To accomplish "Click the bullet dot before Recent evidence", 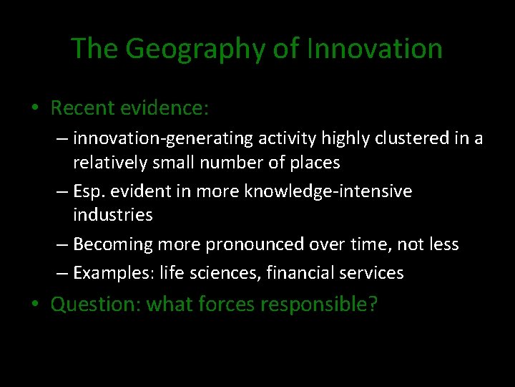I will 35,109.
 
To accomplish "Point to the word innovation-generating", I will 147,138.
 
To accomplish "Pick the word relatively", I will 112,163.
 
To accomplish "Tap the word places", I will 315,163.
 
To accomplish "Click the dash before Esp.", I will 62,191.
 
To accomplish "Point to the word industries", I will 113,214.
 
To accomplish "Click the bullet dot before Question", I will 35,305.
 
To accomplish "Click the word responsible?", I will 320,305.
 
